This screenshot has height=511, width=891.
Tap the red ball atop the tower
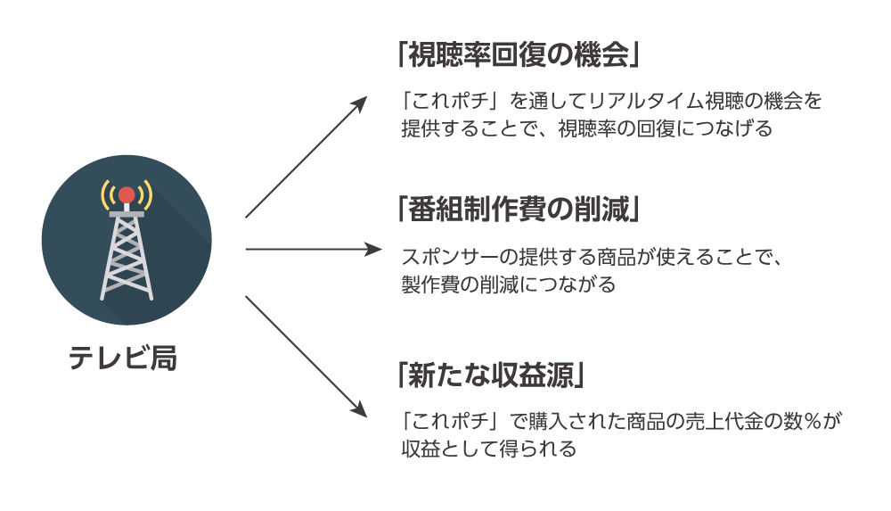(x=127, y=194)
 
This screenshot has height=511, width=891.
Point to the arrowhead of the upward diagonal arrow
(x=360, y=103)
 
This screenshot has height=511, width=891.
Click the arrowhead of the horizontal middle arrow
(x=373, y=250)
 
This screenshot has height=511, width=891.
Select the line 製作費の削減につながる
(x=508, y=285)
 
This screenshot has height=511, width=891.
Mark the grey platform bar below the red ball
(x=127, y=214)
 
